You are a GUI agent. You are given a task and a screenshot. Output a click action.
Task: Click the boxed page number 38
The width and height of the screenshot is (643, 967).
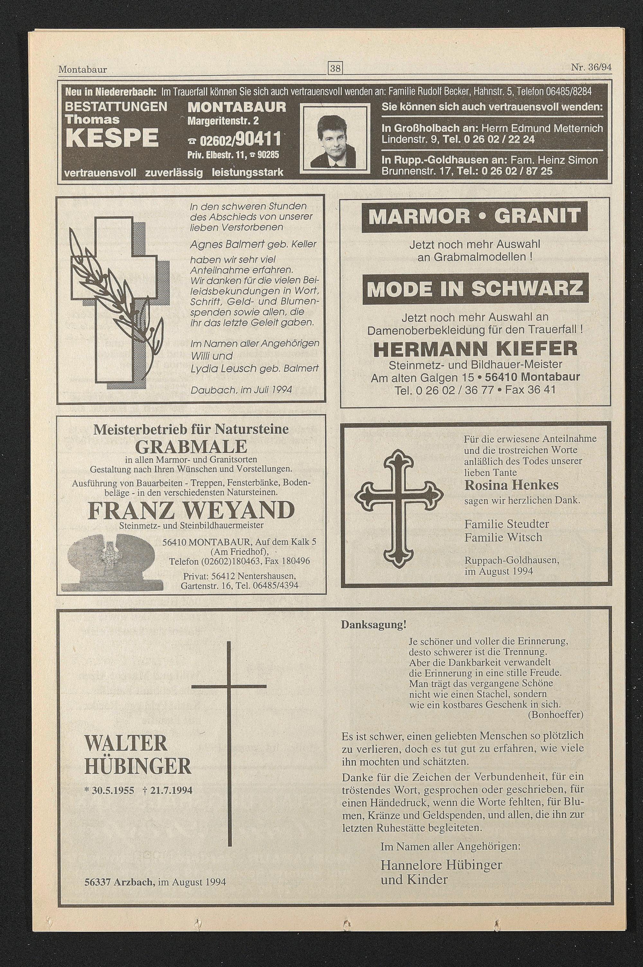335,69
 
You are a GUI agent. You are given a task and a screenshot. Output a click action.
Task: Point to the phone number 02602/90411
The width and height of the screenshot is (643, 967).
234,140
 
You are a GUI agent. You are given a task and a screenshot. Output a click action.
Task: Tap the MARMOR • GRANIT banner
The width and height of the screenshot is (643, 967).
475,216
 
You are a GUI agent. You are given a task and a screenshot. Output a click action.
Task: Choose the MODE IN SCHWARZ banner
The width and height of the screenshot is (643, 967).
475,289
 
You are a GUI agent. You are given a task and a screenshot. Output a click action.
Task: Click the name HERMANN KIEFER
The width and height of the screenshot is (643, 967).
475,349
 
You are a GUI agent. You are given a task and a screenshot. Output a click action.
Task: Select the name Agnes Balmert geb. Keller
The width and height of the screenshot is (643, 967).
253,245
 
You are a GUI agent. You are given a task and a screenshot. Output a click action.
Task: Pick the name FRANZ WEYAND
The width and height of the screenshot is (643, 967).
191,510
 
